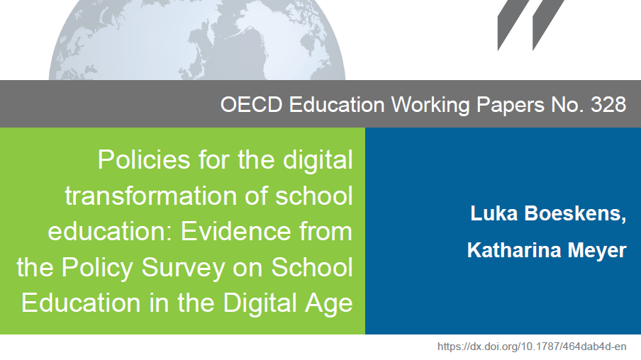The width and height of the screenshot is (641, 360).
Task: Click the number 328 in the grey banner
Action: pos(608,104)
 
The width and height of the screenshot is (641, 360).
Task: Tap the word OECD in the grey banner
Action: pos(252,104)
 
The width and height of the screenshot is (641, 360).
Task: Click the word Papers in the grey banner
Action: pos(511,106)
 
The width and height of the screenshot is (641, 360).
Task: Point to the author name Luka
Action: pos(494,213)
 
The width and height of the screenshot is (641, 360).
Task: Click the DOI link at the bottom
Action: pos(532,347)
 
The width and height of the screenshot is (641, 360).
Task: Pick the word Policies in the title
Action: pos(144,159)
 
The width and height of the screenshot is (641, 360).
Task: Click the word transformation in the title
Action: pos(151,196)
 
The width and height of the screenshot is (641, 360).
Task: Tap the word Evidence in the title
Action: pos(235,231)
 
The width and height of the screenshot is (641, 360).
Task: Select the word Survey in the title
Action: pos(183,269)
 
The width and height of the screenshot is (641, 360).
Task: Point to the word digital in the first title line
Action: pos(318,160)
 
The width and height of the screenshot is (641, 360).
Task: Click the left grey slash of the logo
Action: pos(513,26)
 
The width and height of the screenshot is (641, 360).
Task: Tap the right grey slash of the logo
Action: pos(548,26)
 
